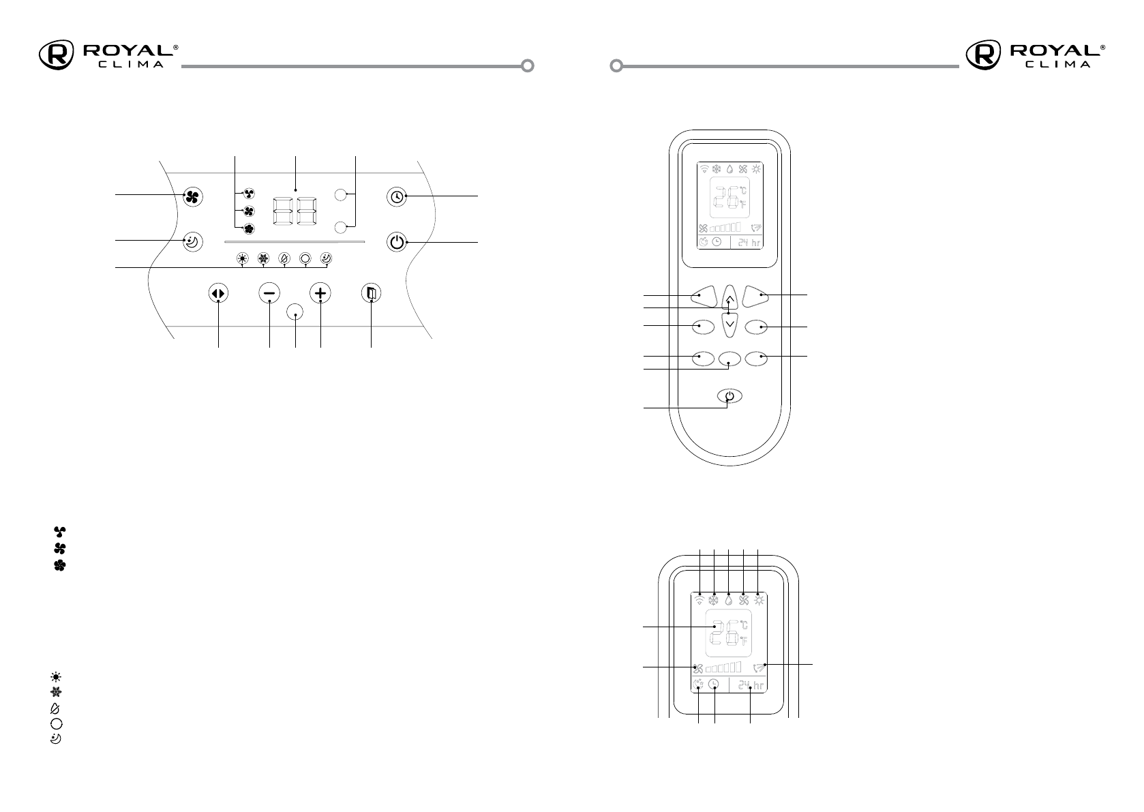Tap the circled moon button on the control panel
pyautogui.click(x=193, y=241)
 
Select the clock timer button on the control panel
pyautogui.click(x=397, y=197)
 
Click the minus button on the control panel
pyautogui.click(x=269, y=293)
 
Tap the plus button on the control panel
pyautogui.click(x=320, y=293)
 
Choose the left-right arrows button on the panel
pyautogui.click(x=218, y=293)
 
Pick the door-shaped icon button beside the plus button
pyautogui.click(x=371, y=293)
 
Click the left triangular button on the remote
pyautogui.click(x=702, y=295)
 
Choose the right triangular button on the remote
pyautogui.click(x=757, y=295)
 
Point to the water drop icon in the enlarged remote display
pyautogui.click(x=729, y=600)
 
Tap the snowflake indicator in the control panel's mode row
pyautogui.click(x=262, y=259)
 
